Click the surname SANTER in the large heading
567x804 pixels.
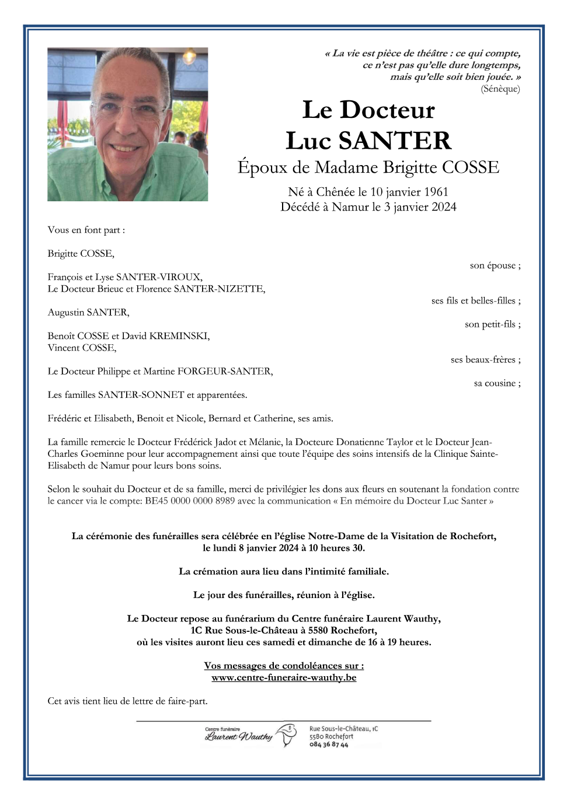(x=395, y=141)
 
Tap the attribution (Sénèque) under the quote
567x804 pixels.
(x=500, y=89)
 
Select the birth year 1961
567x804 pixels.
(x=436, y=192)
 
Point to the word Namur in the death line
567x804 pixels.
(x=350, y=207)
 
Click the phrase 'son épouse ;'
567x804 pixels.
(x=495, y=265)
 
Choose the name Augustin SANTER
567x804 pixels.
(x=89, y=313)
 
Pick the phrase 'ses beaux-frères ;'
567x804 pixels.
(x=485, y=359)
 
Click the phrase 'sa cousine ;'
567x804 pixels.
(x=497, y=383)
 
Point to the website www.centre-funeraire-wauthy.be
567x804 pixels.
(x=284, y=678)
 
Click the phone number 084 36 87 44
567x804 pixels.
(x=329, y=745)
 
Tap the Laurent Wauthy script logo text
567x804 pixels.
(x=239, y=737)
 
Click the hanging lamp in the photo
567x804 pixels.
(x=189, y=57)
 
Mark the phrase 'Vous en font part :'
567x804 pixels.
(x=86, y=230)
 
